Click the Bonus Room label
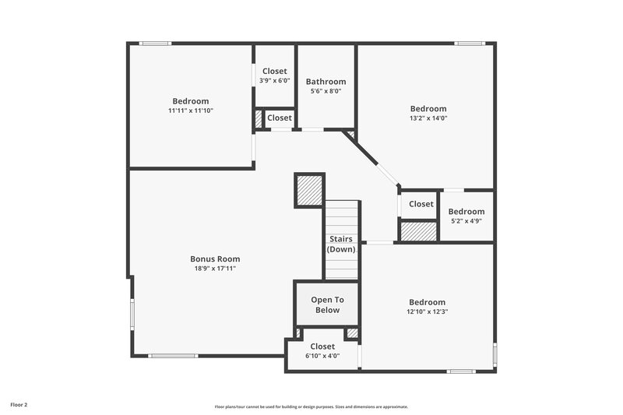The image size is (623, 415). coord(215,258)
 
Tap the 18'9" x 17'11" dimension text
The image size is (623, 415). coord(215,268)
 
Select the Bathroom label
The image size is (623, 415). coord(326,81)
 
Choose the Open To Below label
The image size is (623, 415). coord(327,304)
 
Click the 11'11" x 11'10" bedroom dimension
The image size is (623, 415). coord(191,111)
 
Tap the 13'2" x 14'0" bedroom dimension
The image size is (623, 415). coord(428,118)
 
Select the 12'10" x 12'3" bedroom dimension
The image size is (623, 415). coord(428,311)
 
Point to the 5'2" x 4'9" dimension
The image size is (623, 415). coord(466,220)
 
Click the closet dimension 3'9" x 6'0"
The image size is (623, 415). coord(274,80)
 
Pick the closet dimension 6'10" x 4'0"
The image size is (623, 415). coord(322,356)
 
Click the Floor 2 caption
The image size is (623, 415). coord(19,405)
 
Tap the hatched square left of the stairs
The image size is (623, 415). coord(308,190)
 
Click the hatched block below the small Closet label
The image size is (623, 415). coord(418,231)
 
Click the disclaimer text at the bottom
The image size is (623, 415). coord(311,406)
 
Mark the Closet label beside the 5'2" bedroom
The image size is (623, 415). coord(421,204)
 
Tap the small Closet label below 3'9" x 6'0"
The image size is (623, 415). coord(280,118)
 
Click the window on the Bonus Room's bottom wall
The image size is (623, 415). coord(173,356)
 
